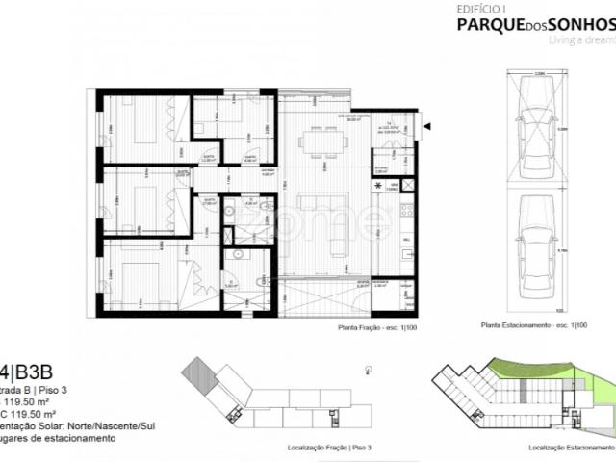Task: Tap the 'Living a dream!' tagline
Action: (x=580, y=41)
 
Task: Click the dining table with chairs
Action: (x=323, y=142)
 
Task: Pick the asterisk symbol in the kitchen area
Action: (x=378, y=185)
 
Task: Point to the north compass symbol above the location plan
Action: (x=369, y=370)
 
